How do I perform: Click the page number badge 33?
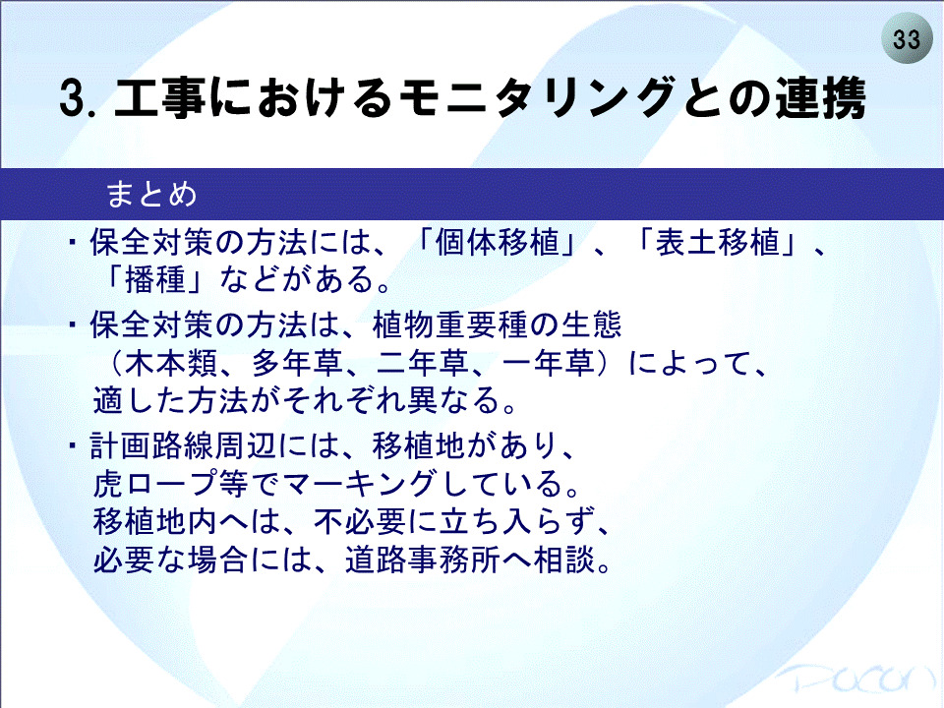point(906,38)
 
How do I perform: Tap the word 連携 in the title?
point(820,97)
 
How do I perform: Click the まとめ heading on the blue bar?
point(151,195)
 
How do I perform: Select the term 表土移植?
point(718,243)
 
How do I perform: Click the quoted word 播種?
point(155,280)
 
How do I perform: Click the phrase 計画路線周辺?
point(183,446)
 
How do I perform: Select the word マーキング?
point(359,484)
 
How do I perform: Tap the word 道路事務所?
point(423,560)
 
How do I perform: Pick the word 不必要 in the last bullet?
point(360,521)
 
